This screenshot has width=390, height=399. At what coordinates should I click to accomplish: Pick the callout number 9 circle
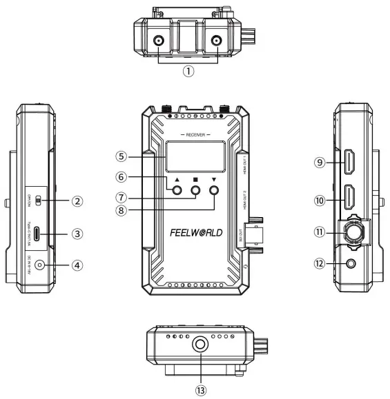320,163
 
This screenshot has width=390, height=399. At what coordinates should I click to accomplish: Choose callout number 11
320,233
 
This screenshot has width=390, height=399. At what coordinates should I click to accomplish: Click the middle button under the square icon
196,192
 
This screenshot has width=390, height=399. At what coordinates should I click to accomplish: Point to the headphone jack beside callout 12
353,263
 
